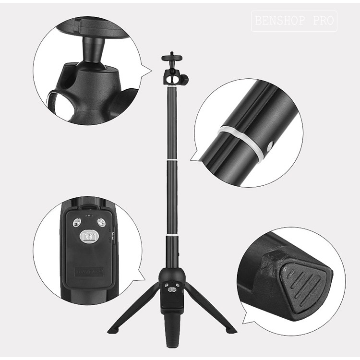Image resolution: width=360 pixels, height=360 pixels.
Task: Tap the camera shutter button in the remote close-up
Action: pos(89,236)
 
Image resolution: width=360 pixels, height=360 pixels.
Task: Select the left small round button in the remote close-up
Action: pos(76,222)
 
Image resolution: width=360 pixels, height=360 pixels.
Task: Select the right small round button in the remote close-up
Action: pos(101,222)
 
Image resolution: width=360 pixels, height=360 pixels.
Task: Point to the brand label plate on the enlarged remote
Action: pos(89,272)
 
